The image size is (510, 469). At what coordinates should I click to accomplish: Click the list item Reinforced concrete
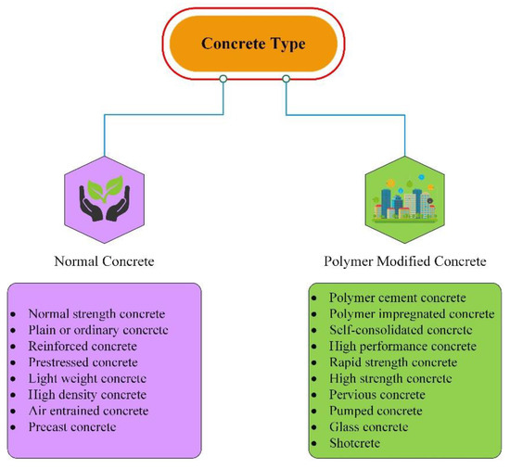point(83,346)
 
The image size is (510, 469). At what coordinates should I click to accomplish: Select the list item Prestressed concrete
point(83,362)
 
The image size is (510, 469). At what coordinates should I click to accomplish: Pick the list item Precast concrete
point(73,426)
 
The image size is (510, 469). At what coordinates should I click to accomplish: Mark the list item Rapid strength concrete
point(393,361)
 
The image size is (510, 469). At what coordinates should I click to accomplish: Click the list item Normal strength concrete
point(97,313)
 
